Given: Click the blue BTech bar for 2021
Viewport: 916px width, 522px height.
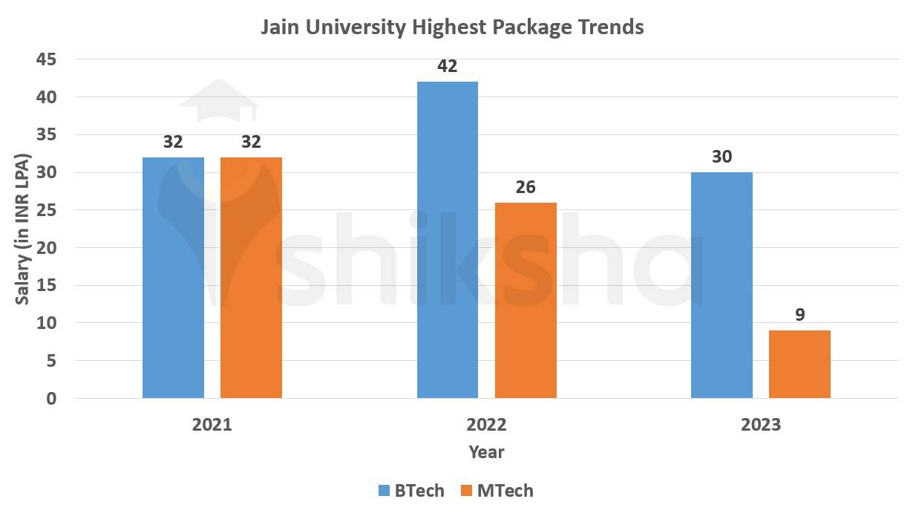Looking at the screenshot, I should click(x=173, y=278).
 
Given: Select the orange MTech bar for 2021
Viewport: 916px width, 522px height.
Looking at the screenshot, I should click(x=251, y=278).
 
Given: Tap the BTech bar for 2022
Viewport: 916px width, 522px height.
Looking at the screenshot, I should click(x=448, y=240).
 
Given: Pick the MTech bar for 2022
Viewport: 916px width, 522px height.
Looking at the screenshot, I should click(x=526, y=300).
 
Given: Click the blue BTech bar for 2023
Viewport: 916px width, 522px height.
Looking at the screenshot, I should click(x=722, y=285).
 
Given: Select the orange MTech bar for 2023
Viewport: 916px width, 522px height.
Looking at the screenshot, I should click(x=799, y=364).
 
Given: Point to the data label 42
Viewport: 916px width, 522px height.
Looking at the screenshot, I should click(x=448, y=67).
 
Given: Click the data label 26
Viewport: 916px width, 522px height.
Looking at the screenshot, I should click(x=526, y=187).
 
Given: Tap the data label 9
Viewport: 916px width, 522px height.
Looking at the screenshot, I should click(x=799, y=315).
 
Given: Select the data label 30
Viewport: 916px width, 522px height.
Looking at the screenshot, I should click(x=722, y=157).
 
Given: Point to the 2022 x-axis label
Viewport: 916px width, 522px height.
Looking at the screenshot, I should click(x=486, y=425).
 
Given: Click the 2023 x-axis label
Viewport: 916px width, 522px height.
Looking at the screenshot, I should click(x=761, y=425).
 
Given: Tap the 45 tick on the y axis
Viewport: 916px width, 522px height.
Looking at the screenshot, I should click(x=46, y=59).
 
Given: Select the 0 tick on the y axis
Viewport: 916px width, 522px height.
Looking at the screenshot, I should click(x=50, y=399).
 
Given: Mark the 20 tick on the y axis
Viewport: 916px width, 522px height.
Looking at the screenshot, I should click(x=46, y=248).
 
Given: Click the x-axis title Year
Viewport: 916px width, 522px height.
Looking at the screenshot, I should click(x=486, y=452).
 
